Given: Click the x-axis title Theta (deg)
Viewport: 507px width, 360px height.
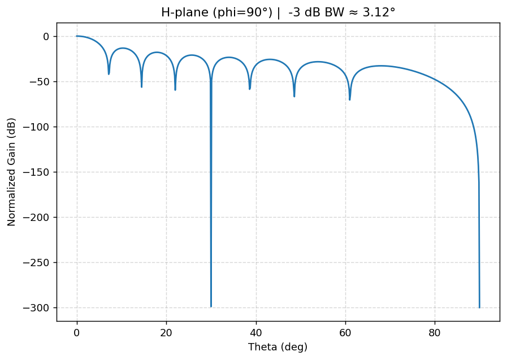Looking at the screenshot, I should tap(278, 346).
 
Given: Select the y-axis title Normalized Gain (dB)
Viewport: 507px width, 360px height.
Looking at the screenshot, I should tap(11, 172).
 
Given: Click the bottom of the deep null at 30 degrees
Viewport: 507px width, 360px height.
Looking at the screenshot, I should tap(211, 306).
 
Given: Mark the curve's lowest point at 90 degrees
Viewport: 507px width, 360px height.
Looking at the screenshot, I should tap(479, 307).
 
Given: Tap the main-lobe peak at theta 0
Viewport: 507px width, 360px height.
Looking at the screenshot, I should tap(77, 36).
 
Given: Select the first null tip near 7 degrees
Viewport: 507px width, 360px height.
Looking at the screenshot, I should tap(109, 74).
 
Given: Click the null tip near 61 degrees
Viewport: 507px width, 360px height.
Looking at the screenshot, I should tap(350, 99).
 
